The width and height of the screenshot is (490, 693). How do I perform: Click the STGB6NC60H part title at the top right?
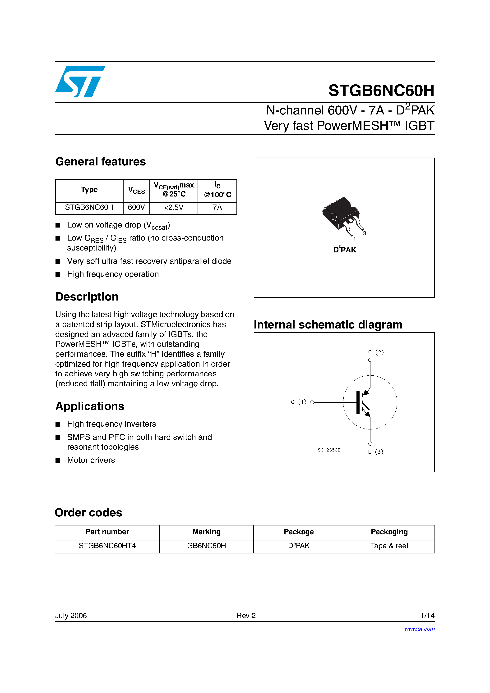381,90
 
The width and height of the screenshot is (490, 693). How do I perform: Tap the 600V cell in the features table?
136,207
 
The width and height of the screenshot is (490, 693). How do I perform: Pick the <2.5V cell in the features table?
174,207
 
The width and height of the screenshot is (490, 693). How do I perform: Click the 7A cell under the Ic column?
217,207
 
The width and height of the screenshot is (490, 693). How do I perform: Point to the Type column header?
89,190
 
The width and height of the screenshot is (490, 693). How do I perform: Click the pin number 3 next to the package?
364,233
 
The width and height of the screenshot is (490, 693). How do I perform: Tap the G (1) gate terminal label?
298,402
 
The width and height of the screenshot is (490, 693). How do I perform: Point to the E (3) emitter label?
375,452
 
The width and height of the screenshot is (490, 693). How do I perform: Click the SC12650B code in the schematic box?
329,450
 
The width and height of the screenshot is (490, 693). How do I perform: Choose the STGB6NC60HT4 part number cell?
107,546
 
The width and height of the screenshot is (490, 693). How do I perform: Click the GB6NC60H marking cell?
206,546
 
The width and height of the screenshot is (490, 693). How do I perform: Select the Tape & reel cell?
389,546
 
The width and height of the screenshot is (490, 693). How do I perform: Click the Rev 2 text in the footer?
246,615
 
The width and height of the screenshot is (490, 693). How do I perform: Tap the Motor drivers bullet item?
91,460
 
